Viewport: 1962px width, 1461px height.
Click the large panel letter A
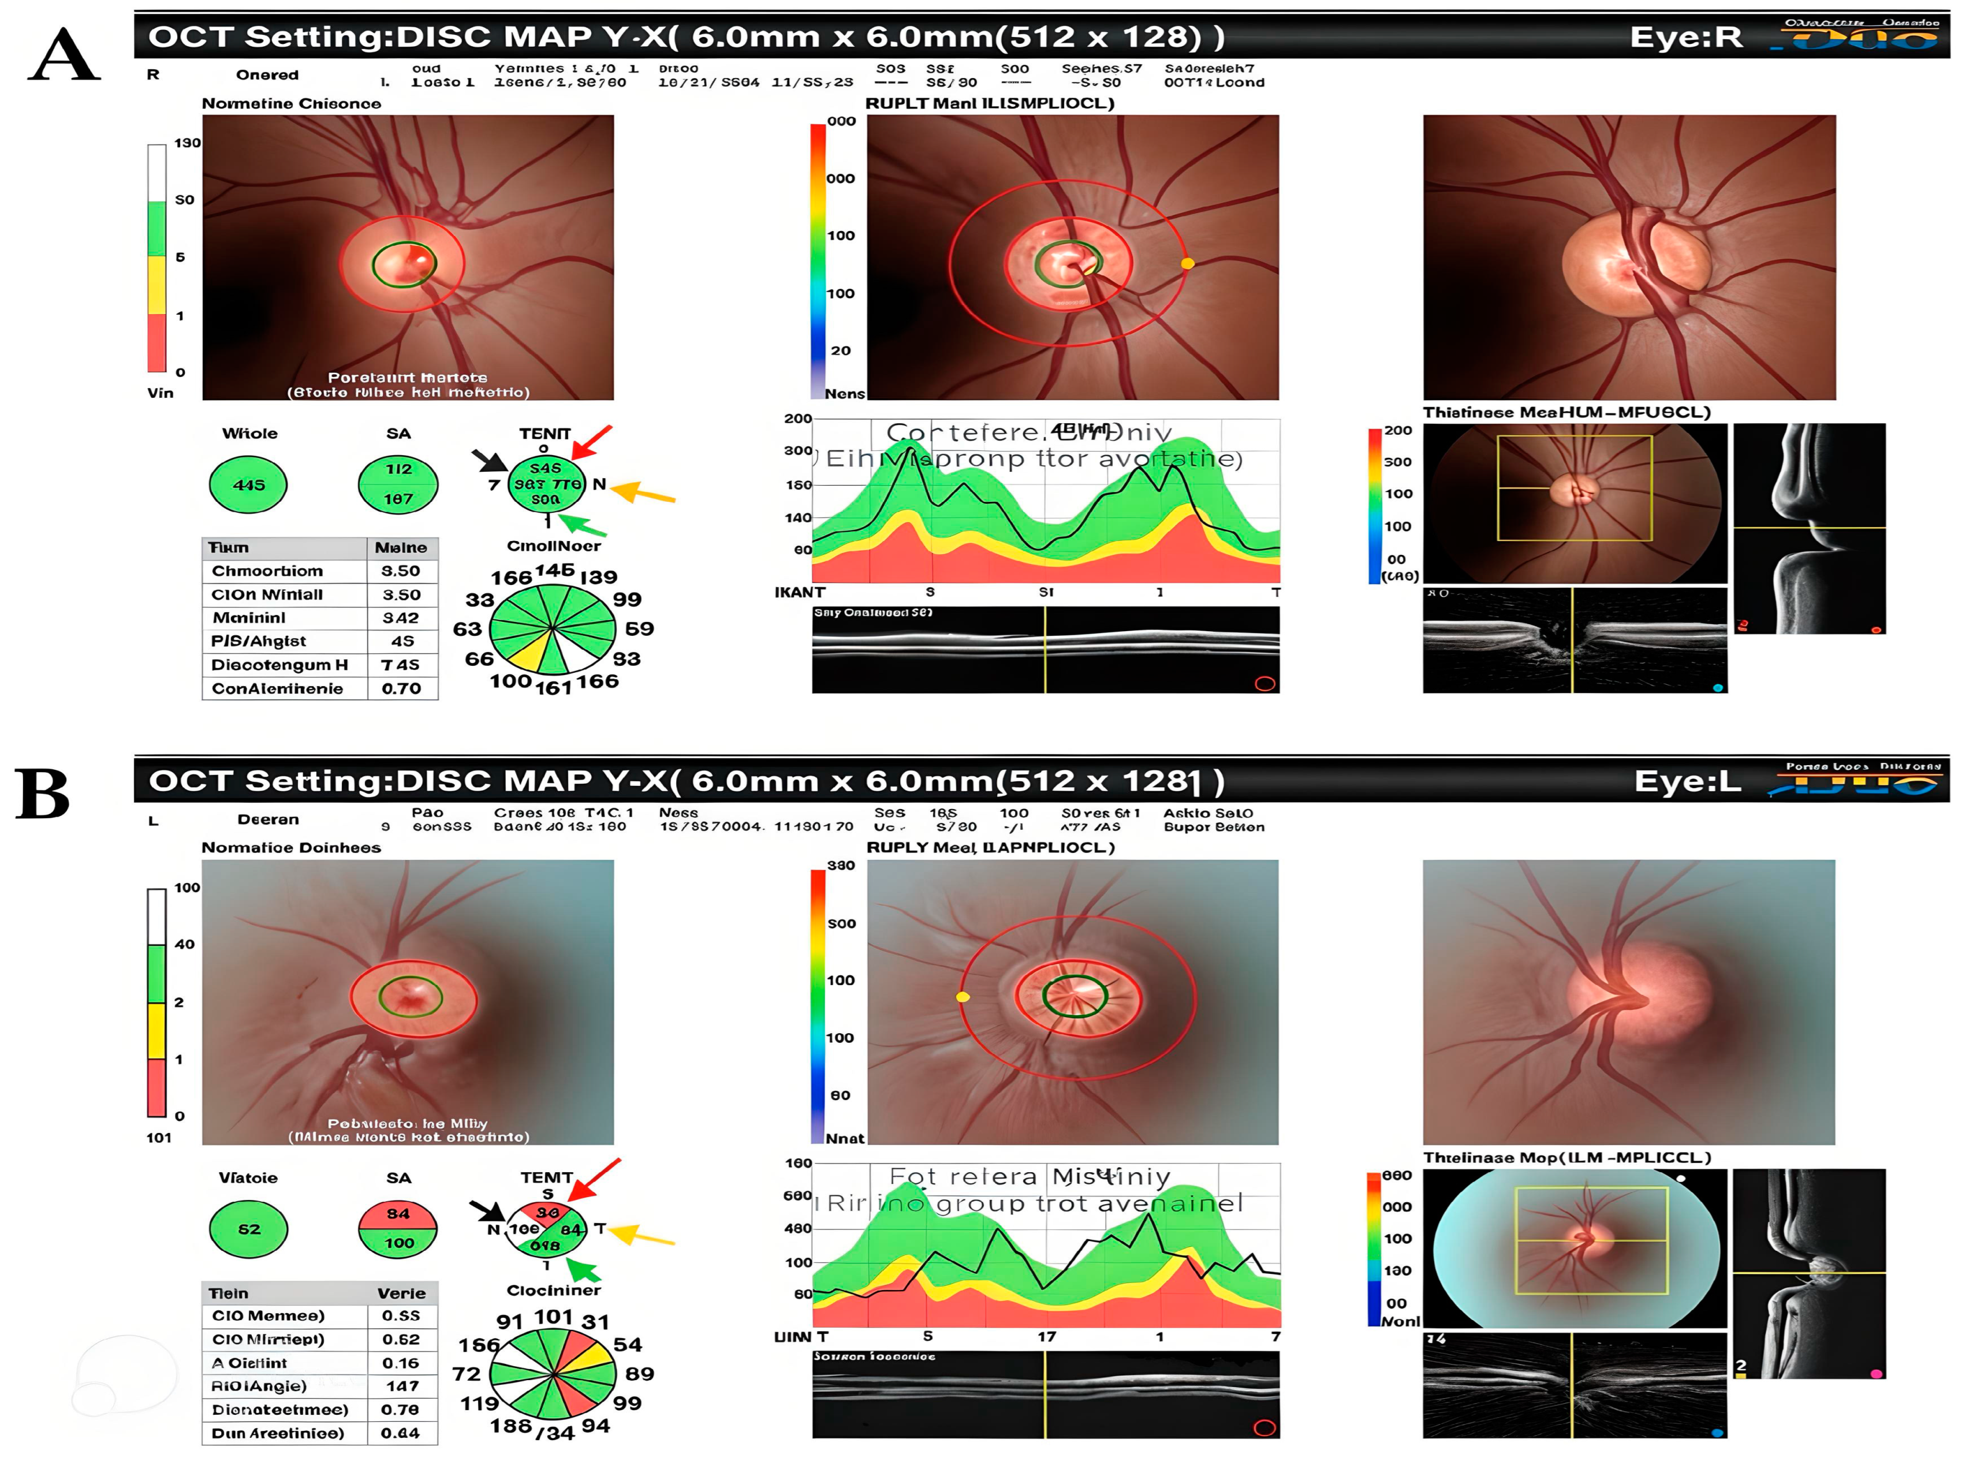(x=64, y=55)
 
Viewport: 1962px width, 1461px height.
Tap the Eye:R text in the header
(x=1685, y=37)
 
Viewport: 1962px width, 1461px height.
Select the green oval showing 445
(x=248, y=484)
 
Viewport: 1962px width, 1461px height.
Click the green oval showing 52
(x=248, y=1229)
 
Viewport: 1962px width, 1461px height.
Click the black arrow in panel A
(x=489, y=460)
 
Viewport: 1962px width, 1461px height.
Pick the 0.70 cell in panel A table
(x=401, y=688)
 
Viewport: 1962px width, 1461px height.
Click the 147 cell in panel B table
(x=401, y=1386)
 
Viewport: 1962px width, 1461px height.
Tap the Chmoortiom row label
(x=267, y=571)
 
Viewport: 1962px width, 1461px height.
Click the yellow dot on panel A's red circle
(x=1188, y=263)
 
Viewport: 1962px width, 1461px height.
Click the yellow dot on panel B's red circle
(x=963, y=997)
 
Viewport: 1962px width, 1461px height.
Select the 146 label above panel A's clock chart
(x=554, y=571)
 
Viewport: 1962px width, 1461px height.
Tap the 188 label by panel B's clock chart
(x=511, y=1426)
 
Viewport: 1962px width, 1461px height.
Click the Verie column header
(x=401, y=1293)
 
